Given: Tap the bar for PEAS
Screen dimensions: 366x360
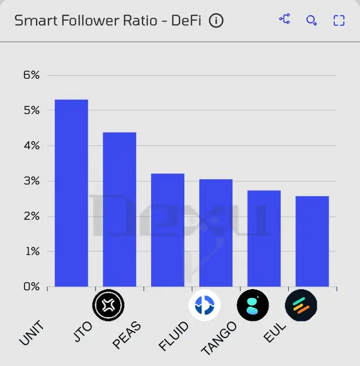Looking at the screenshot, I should point(167,230).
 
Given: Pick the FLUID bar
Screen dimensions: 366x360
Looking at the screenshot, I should point(215,233).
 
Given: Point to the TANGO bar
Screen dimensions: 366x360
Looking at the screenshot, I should point(264,238).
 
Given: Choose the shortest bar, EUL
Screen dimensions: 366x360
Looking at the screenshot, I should point(312,241).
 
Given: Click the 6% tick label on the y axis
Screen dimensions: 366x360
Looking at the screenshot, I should point(31,75).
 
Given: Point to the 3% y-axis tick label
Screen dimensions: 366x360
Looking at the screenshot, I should point(31,181).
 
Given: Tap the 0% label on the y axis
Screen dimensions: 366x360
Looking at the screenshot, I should point(31,287).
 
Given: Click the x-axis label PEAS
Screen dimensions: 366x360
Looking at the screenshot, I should point(127,334).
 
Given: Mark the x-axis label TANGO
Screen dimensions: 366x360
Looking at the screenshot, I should point(218,339).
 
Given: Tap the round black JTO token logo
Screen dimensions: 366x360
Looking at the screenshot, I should point(108,305).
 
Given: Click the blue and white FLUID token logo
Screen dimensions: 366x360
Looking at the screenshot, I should point(204,305).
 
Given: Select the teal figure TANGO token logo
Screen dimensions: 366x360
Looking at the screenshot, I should point(253,305).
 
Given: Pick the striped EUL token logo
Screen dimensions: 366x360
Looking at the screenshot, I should point(301,305).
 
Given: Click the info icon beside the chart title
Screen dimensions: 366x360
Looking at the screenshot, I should point(216,21).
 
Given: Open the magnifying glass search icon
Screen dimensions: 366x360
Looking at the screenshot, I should point(312,20).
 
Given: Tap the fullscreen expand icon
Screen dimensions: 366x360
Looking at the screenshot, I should point(338,20).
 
